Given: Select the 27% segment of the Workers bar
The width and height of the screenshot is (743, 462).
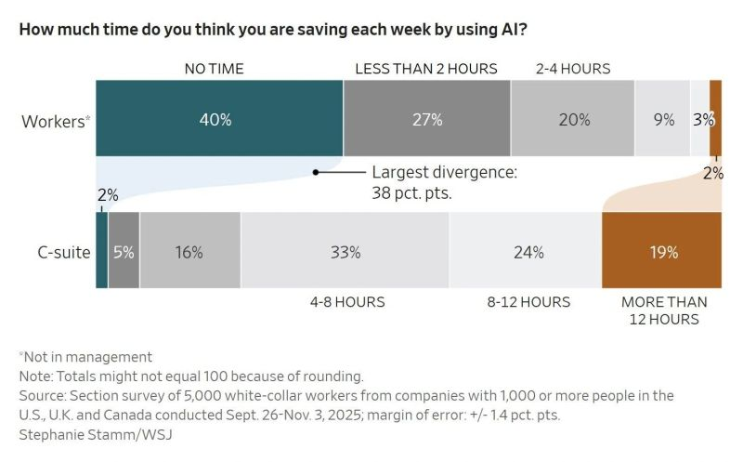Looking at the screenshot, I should click(426, 119).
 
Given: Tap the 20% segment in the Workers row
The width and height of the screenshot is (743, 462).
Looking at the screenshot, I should click(573, 119).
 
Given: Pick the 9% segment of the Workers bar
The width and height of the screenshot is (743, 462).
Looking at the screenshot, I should click(662, 119).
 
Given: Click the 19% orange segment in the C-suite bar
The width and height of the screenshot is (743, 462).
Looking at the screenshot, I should click(661, 251).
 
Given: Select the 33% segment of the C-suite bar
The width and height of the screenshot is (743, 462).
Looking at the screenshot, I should click(345, 251).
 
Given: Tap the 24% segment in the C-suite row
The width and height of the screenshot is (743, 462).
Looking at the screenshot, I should click(526, 251).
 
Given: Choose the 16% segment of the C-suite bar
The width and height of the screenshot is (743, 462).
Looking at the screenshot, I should click(189, 251).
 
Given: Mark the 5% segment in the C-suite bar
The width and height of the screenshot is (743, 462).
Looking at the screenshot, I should click(124, 251).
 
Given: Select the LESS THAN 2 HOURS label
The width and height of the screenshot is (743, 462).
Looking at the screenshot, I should click(426, 69).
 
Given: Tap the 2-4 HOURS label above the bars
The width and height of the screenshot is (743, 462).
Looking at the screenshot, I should click(573, 69).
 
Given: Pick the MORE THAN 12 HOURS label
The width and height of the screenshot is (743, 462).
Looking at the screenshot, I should click(663, 310).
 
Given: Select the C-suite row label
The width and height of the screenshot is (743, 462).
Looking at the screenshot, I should click(57, 252).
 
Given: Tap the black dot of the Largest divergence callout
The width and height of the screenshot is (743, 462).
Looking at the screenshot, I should click(316, 172).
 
